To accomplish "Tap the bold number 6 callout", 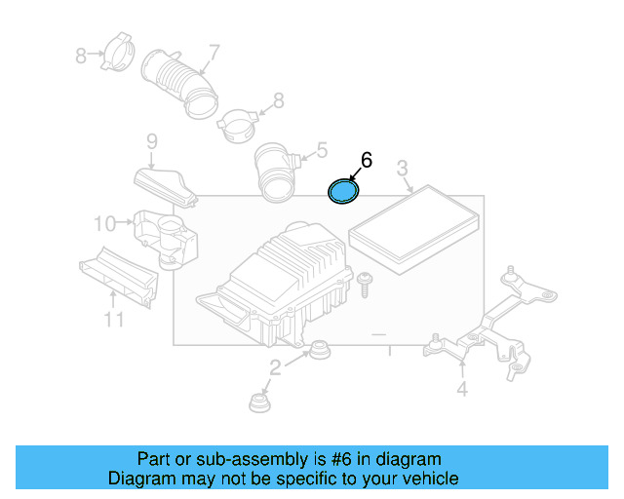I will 367,160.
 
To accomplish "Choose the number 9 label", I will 151,143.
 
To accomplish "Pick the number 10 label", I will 104,224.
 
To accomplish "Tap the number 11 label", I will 114,320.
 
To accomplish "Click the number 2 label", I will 275,366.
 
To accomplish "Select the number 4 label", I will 462,390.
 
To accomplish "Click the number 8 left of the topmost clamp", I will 81,57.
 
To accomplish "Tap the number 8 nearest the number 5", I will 278,99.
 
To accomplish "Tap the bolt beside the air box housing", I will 365,285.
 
